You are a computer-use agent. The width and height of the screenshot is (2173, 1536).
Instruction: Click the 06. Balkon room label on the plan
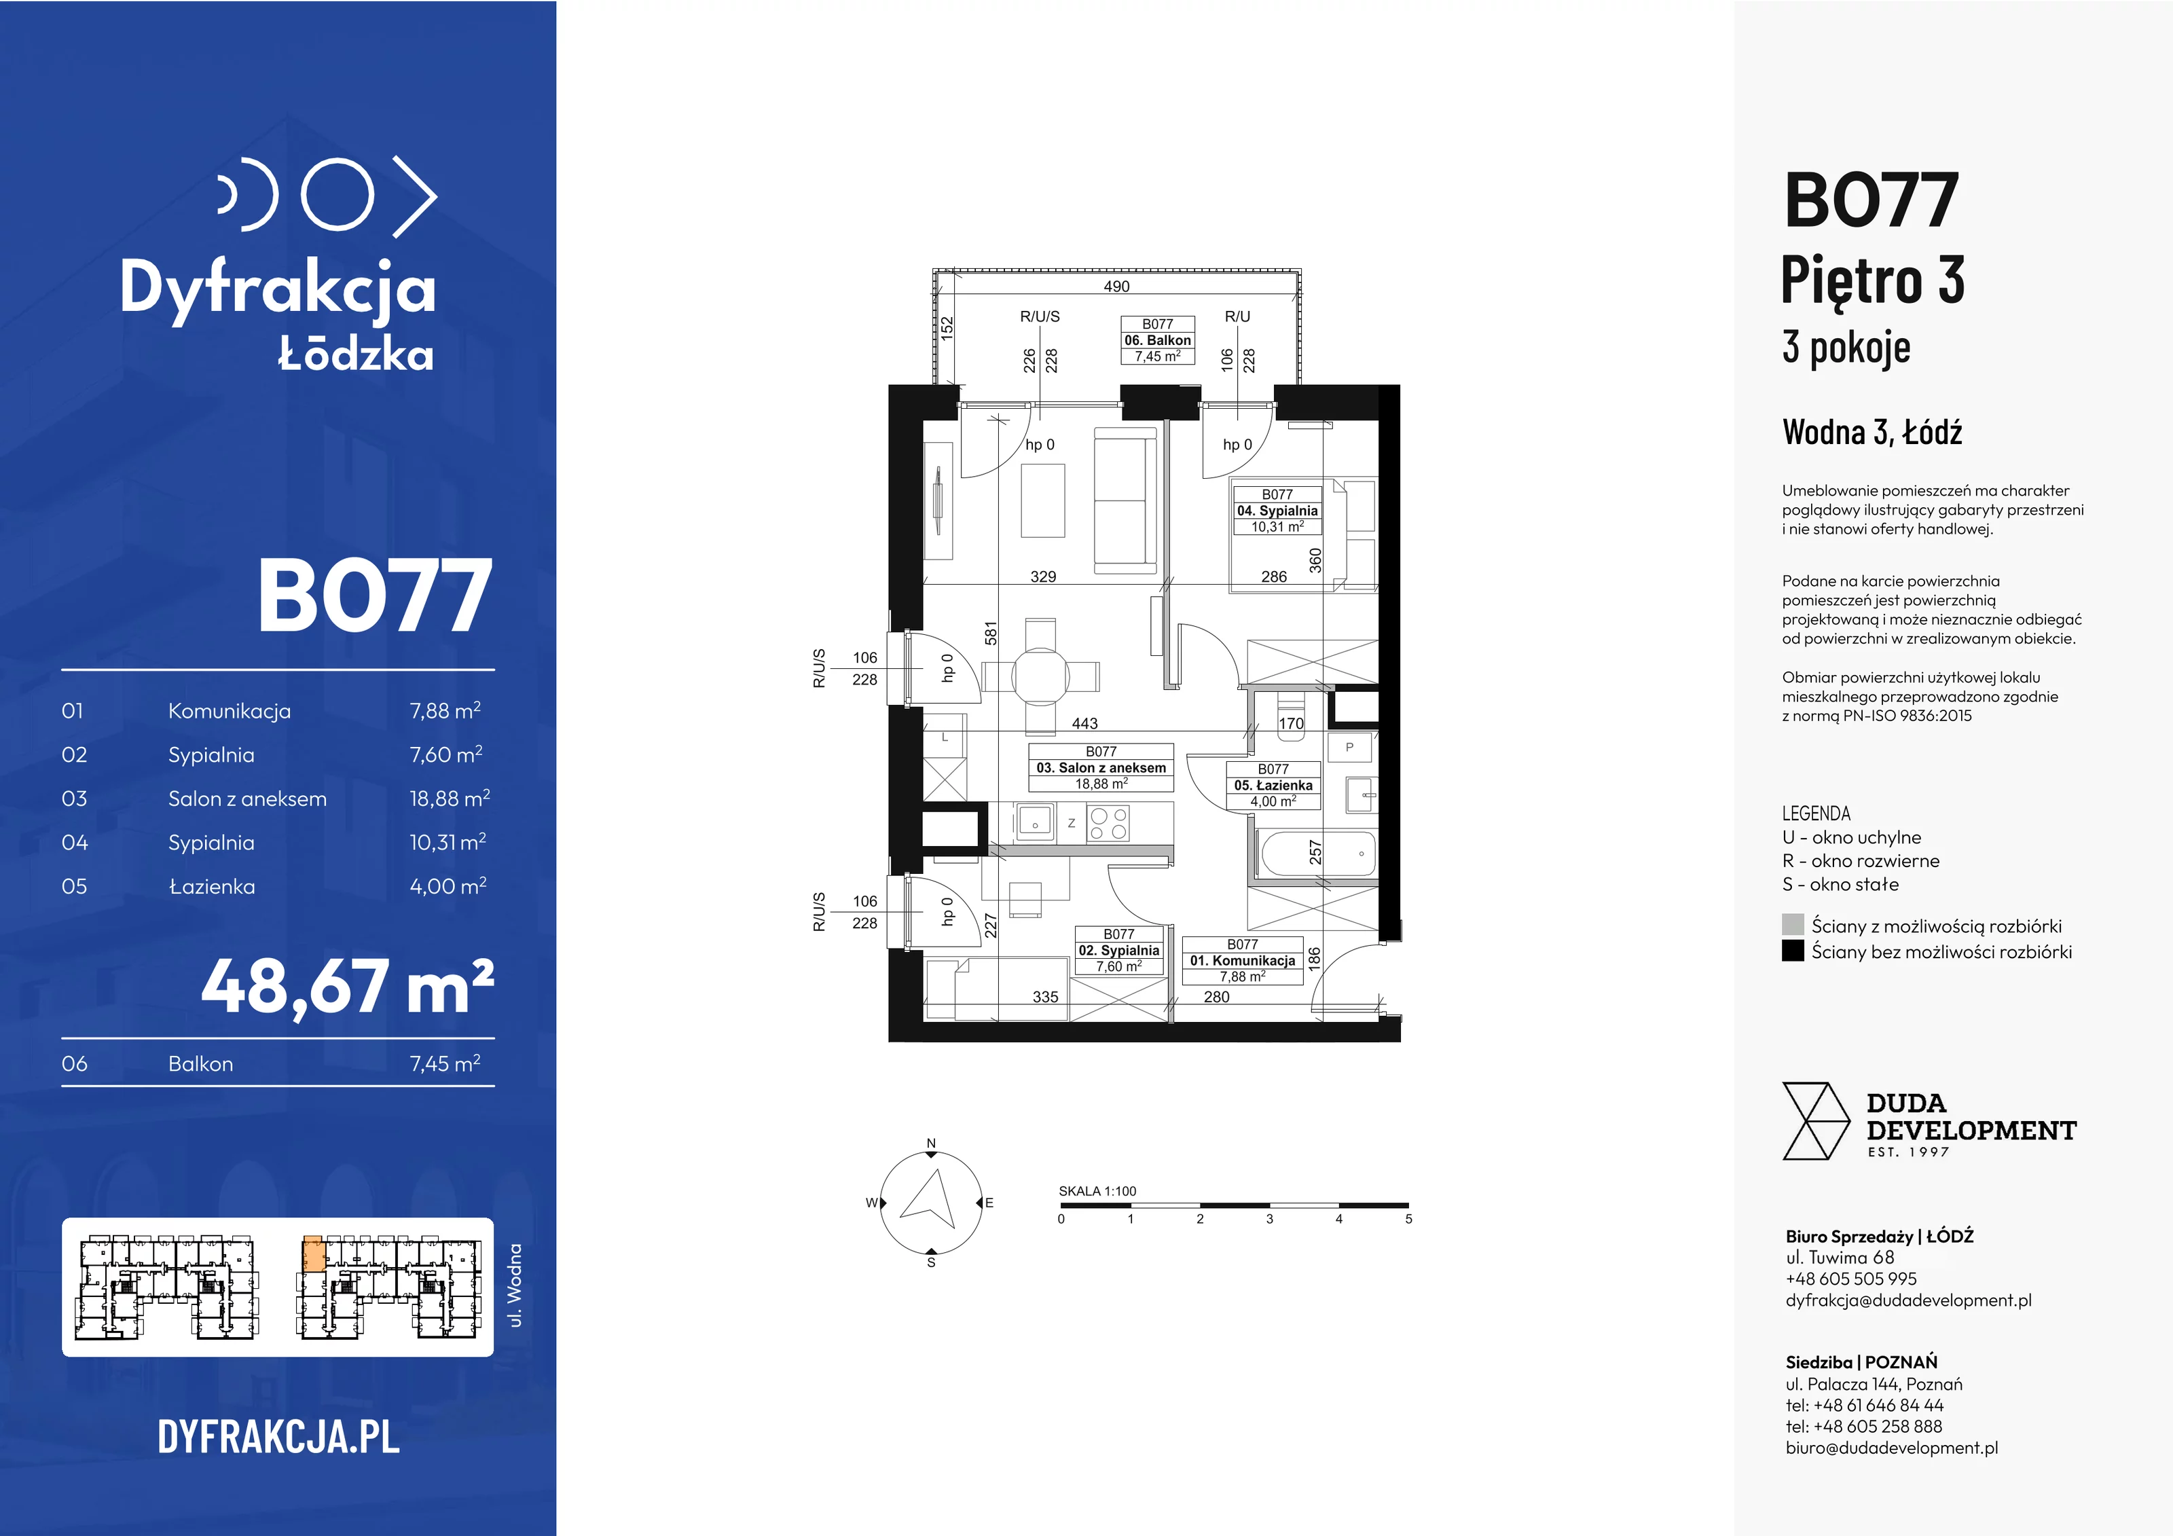pos(1158,340)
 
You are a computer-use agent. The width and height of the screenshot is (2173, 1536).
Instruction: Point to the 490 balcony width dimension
pos(1117,286)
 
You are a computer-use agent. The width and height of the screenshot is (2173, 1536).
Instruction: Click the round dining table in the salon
pos(1040,676)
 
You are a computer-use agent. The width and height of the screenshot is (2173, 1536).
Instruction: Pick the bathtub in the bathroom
pos(1318,854)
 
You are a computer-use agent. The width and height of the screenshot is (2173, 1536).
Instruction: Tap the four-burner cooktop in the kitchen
pos(1108,822)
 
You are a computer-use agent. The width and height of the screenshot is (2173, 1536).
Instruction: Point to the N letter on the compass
pos(931,1144)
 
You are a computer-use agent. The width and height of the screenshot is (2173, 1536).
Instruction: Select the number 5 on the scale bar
pos(1408,1219)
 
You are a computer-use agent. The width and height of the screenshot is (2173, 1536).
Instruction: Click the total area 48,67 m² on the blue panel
pos(347,987)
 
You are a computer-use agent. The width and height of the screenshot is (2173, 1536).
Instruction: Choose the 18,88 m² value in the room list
pos(450,798)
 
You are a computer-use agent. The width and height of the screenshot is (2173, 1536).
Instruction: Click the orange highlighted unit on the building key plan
pos(313,1255)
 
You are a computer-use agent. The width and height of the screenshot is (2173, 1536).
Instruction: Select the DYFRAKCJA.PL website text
pos(278,1437)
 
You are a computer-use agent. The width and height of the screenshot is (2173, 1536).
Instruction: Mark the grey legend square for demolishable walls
pos(1793,925)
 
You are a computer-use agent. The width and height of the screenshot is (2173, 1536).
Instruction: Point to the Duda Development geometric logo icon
pos(1815,1122)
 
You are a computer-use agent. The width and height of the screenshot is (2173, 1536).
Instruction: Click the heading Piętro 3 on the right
pos(1872,280)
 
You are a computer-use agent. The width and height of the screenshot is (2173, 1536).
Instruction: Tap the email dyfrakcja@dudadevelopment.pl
pos(1908,1300)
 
